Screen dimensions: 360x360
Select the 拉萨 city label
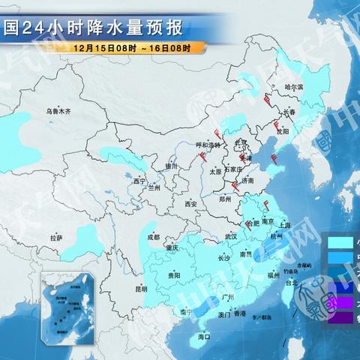(x=55, y=238)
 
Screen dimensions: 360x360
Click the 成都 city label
(x=153, y=237)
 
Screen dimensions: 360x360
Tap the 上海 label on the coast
(x=284, y=224)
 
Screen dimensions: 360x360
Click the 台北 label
(x=292, y=283)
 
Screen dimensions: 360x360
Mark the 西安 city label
(x=190, y=204)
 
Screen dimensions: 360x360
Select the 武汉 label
(x=229, y=236)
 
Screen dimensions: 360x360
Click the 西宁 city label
(x=139, y=181)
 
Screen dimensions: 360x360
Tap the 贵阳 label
(x=174, y=276)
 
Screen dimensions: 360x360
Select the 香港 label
(x=239, y=314)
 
